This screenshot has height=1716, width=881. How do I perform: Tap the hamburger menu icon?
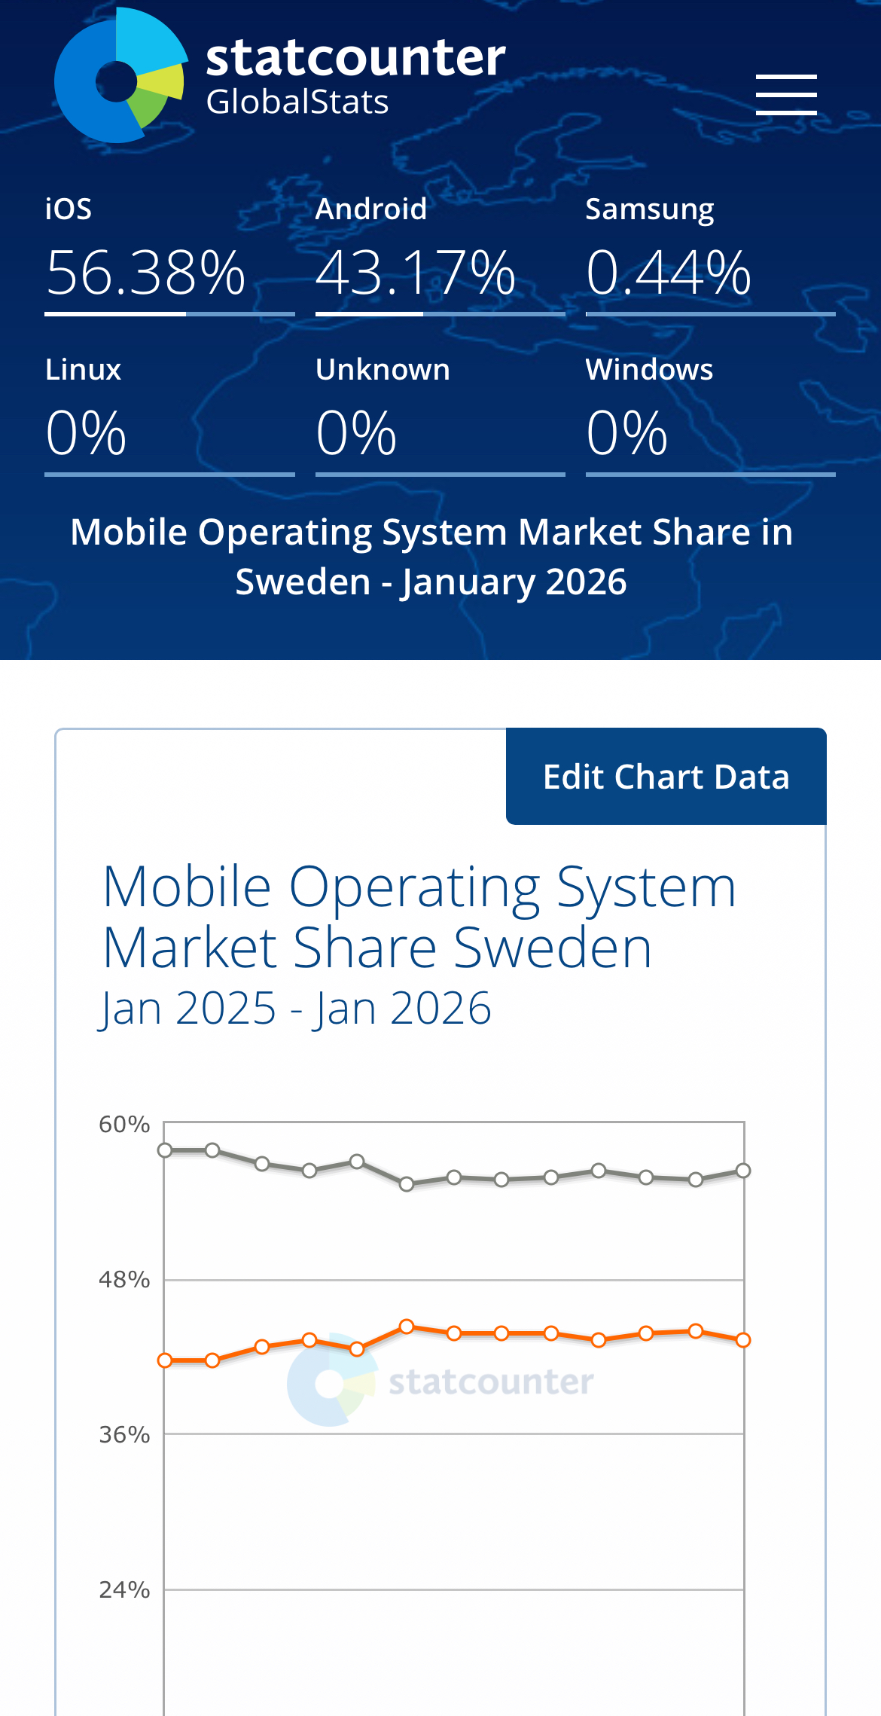(x=786, y=95)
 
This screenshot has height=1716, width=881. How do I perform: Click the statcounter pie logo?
(x=120, y=76)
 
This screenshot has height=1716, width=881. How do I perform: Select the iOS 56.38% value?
(x=146, y=273)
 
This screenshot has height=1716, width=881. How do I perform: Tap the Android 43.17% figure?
(x=416, y=273)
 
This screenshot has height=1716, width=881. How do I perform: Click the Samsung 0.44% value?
(x=669, y=273)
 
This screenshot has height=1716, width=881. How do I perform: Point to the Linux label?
(x=83, y=370)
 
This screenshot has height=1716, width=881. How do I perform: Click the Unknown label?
(x=383, y=370)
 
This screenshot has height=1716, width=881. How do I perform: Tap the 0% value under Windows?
(x=626, y=433)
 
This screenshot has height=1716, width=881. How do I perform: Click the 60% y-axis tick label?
(x=124, y=1125)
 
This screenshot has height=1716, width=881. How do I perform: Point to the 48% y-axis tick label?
(x=124, y=1280)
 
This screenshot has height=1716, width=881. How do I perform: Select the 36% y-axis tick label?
(x=124, y=1435)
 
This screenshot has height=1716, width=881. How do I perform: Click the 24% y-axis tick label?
(x=124, y=1590)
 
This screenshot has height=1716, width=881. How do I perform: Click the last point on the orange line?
(x=743, y=1340)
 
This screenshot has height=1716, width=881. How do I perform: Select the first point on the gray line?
(x=166, y=1150)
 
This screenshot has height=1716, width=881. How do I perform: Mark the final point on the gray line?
(x=743, y=1171)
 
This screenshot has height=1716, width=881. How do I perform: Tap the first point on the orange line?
(x=166, y=1360)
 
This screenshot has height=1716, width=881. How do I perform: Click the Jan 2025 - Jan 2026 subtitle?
(x=295, y=1008)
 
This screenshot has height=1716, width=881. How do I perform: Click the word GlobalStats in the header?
(x=297, y=102)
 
